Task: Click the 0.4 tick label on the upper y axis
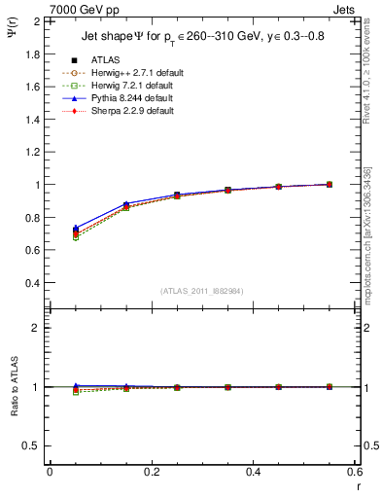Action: (34, 283)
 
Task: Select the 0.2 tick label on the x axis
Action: (153, 471)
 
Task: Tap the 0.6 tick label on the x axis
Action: (356, 471)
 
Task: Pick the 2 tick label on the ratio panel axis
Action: (39, 328)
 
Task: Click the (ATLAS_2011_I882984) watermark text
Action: (202, 291)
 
